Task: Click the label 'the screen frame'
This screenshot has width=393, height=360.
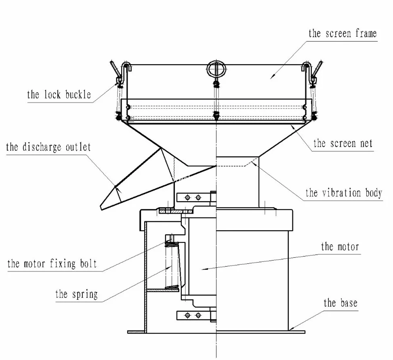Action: click(x=343, y=34)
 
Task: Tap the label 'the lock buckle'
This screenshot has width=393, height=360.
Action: click(x=59, y=95)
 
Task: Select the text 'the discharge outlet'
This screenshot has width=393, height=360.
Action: click(x=48, y=147)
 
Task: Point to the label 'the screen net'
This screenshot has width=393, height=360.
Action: click(x=343, y=143)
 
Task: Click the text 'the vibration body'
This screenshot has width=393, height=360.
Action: click(x=344, y=193)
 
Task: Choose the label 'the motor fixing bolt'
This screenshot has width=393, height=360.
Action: click(x=52, y=264)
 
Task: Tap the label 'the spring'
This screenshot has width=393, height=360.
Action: click(x=76, y=294)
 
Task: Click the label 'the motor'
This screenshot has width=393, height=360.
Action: click(x=340, y=247)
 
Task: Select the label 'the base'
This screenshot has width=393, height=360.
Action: click(x=340, y=303)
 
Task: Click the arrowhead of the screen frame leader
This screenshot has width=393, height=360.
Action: click(x=272, y=76)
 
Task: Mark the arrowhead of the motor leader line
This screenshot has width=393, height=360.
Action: click(x=204, y=269)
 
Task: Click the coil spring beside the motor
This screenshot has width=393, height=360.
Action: click(x=172, y=265)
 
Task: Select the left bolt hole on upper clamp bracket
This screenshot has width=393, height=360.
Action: click(x=187, y=198)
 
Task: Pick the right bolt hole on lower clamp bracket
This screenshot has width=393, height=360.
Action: click(x=198, y=315)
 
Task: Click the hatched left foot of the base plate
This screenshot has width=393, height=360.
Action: click(x=136, y=332)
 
